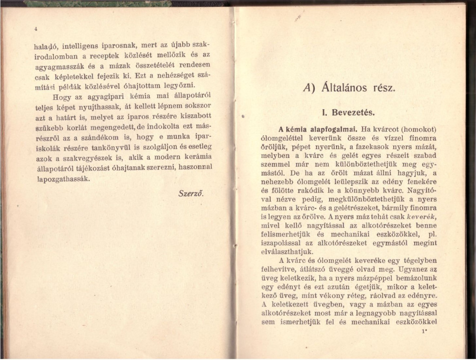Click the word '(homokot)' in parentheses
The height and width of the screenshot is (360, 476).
(420, 129)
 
